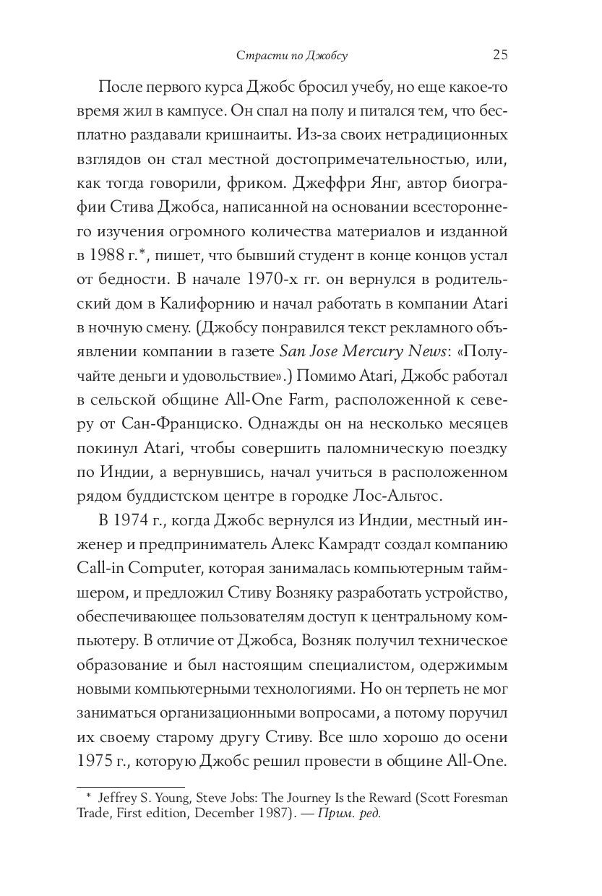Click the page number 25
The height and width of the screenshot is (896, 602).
500,54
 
